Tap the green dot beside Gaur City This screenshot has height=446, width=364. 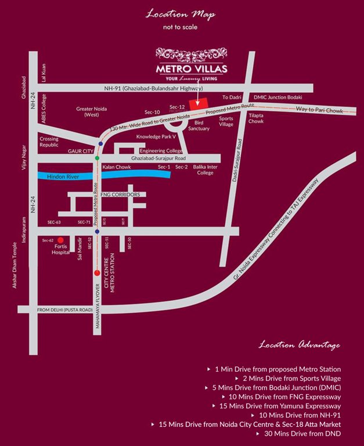point(98,158)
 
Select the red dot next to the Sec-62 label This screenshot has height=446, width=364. point(60,239)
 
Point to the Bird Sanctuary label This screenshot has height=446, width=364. point(202,126)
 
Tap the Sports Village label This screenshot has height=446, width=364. point(226,121)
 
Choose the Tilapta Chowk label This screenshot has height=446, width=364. point(256,118)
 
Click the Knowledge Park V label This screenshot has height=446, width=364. point(156,137)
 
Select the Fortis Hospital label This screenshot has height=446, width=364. point(60,249)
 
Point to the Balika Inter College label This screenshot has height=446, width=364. point(205,170)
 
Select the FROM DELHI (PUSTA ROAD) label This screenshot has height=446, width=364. point(64,310)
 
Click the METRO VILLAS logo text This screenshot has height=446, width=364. point(192,69)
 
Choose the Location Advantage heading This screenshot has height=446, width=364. point(300,346)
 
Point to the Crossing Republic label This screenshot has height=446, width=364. point(49,142)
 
